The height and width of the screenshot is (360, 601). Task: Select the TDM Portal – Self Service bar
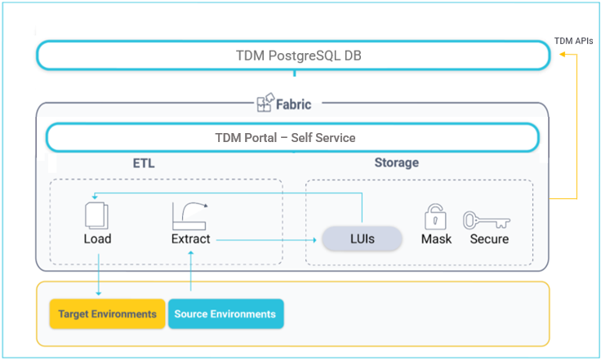click(292, 138)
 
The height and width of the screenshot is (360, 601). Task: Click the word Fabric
click(293, 104)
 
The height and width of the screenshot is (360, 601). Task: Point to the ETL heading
click(144, 163)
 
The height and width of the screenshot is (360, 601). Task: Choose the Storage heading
click(396, 162)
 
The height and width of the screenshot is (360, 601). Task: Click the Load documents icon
click(97, 215)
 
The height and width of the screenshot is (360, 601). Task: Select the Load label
click(97, 239)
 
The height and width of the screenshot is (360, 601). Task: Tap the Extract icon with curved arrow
click(189, 215)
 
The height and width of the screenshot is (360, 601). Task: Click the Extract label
click(190, 239)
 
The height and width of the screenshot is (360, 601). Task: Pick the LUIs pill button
click(362, 239)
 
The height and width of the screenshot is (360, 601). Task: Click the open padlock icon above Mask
click(436, 216)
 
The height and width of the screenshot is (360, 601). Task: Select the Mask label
click(436, 239)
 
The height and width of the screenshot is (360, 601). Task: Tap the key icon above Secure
click(487, 220)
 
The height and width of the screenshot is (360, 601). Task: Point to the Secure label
click(489, 239)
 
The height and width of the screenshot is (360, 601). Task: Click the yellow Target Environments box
click(107, 314)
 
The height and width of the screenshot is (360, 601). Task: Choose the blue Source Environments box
click(225, 314)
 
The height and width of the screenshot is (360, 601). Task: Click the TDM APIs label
click(572, 41)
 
